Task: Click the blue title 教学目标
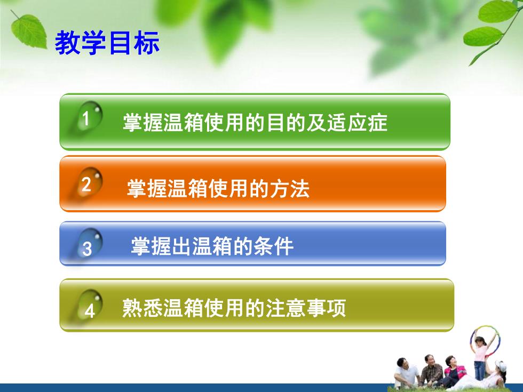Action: (x=107, y=43)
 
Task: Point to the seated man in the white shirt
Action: (x=406, y=373)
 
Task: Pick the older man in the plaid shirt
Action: (x=432, y=371)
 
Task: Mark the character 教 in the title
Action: (x=67, y=43)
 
